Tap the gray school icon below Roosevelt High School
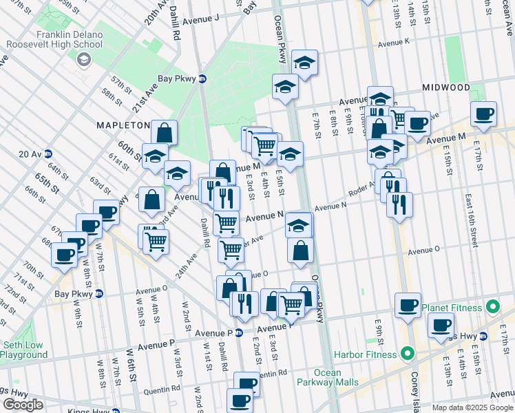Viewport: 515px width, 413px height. [83, 60]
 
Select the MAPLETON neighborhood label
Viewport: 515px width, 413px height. [123, 125]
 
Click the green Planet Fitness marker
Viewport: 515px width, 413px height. [493, 307]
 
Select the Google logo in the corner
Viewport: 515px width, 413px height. [22, 405]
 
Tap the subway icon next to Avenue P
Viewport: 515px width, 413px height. [238, 333]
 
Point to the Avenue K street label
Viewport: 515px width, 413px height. [394, 42]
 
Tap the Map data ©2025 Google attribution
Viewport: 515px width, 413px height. [472, 407]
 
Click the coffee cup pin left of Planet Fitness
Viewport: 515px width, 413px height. [407, 304]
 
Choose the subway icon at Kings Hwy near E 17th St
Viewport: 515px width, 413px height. [484, 337]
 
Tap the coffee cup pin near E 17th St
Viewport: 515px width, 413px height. [483, 114]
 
